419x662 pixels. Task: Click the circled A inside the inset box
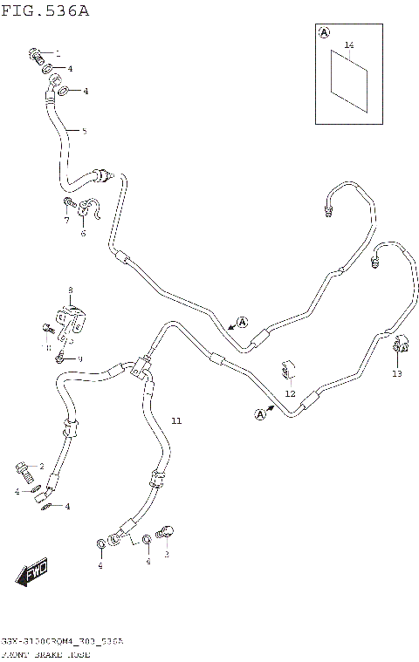[x=324, y=32]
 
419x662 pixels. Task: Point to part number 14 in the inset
[x=348, y=44]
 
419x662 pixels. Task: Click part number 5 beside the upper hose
[x=84, y=132]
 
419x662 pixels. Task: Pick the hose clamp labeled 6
[x=87, y=210]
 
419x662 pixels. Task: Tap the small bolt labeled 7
[x=68, y=205]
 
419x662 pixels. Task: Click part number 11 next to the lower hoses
[x=176, y=421]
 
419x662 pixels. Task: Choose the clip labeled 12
[x=287, y=371]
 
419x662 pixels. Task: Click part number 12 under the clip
[x=291, y=393]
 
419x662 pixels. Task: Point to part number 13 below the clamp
[x=397, y=373]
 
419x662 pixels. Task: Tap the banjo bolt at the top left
[x=37, y=57]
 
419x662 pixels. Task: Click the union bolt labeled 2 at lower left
[x=25, y=471]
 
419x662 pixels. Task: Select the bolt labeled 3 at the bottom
[x=166, y=533]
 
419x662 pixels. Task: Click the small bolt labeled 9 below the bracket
[x=59, y=357]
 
